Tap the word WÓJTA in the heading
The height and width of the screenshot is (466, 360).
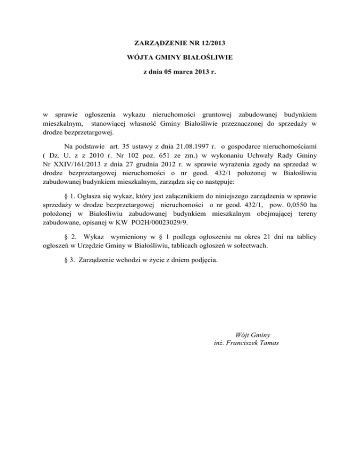pos(140,58)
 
